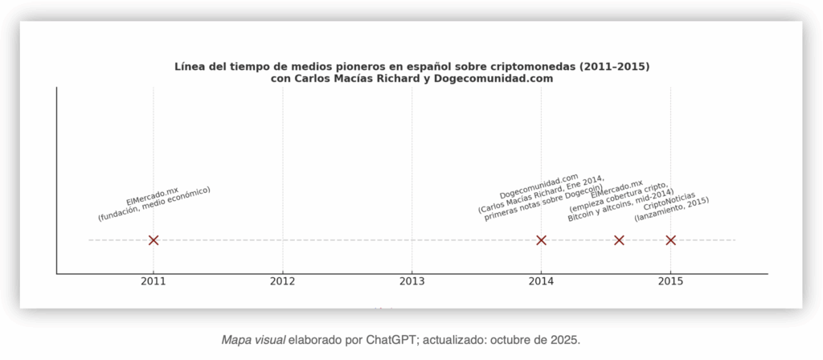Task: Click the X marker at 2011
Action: (154, 240)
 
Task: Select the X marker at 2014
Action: (541, 240)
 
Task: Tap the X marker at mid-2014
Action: (619, 240)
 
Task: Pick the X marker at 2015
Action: (670, 240)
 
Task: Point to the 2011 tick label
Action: (154, 281)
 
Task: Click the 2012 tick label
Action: (283, 281)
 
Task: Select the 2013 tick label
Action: (412, 281)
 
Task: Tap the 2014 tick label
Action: (541, 281)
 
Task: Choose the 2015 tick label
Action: (670, 281)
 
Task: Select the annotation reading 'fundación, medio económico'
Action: (154, 204)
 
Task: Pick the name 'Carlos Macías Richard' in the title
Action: (353, 79)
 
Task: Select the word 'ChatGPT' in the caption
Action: (391, 340)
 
